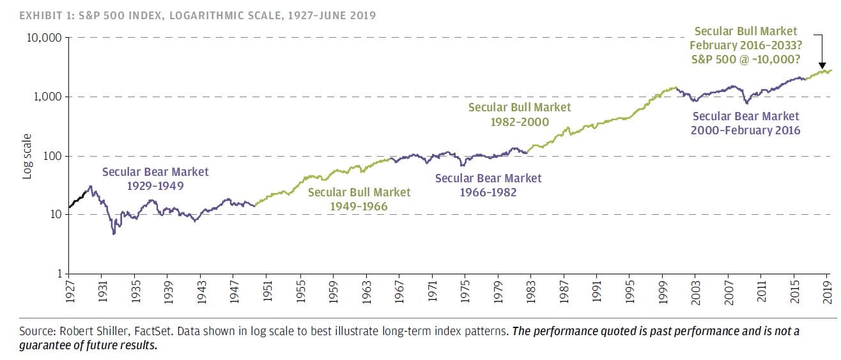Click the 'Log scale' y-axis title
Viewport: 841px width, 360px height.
[x=27, y=156]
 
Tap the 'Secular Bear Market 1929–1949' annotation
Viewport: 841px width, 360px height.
[x=155, y=178]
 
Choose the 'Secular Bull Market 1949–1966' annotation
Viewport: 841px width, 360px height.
[x=359, y=199]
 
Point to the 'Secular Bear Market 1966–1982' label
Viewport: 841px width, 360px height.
[x=488, y=185]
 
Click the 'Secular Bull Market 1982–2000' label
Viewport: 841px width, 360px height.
[x=520, y=114]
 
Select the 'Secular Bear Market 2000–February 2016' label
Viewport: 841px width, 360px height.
[x=746, y=123]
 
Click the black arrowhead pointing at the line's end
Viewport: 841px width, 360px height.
[x=821, y=65]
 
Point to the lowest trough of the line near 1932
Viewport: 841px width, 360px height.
[x=114, y=233]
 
